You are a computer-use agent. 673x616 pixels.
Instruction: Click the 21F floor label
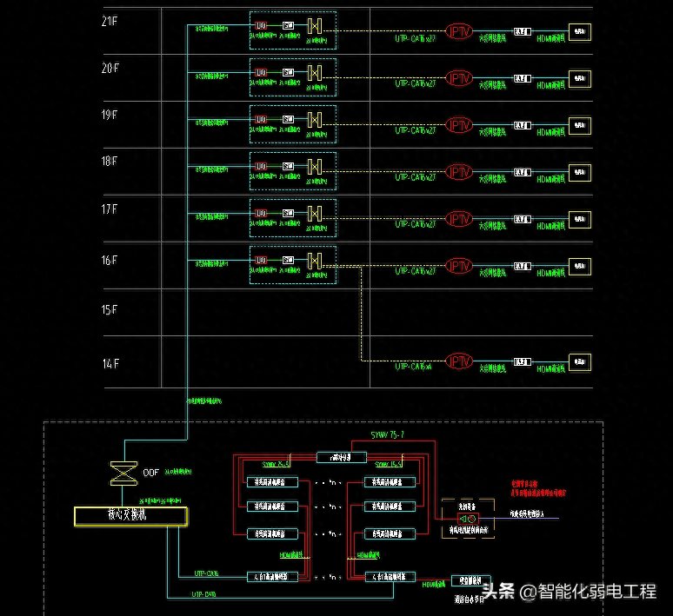point(109,21)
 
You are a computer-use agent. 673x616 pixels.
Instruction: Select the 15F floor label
point(109,310)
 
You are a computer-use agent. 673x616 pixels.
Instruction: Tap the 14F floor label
point(109,363)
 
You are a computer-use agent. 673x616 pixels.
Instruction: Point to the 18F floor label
point(109,162)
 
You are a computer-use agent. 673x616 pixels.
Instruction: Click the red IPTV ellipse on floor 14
point(458,361)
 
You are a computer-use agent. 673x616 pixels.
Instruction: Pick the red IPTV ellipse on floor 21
point(458,31)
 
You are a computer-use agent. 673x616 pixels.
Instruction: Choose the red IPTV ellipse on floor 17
point(458,218)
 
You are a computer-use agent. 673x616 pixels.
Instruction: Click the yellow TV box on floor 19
point(579,125)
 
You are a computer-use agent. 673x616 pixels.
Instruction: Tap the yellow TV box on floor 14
point(579,361)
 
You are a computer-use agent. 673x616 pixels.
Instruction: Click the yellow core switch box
point(131,516)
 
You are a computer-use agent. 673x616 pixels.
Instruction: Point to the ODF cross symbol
point(119,474)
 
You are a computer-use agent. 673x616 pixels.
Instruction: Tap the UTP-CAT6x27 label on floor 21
point(415,39)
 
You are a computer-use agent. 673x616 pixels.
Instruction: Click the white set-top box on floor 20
point(522,79)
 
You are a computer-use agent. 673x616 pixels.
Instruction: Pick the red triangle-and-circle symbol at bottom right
point(463,518)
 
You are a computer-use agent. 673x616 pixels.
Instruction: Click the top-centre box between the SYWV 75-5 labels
point(341,457)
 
